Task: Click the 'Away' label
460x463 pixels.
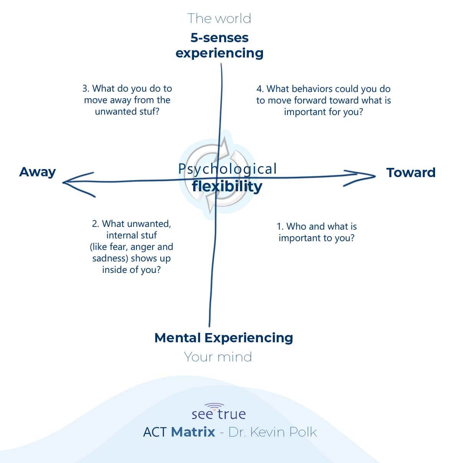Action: pyautogui.click(x=38, y=172)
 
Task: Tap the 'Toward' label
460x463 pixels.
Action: pyautogui.click(x=411, y=172)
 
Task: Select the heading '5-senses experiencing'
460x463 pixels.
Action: pyautogui.click(x=219, y=45)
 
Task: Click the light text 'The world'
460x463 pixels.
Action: pyautogui.click(x=219, y=18)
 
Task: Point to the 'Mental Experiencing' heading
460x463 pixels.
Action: pyautogui.click(x=223, y=338)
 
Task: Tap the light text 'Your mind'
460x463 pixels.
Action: pyautogui.click(x=218, y=357)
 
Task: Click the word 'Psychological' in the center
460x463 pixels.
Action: pyautogui.click(x=227, y=169)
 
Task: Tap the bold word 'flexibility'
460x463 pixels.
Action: pyautogui.click(x=227, y=186)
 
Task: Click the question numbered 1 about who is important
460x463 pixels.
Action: pyautogui.click(x=317, y=232)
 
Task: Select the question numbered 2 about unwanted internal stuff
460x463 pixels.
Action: pyautogui.click(x=131, y=246)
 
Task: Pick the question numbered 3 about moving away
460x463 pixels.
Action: pyautogui.click(x=127, y=100)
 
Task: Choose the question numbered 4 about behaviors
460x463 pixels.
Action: pyautogui.click(x=324, y=100)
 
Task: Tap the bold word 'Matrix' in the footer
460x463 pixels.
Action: pyautogui.click(x=193, y=432)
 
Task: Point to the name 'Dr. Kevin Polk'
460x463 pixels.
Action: pyautogui.click(x=273, y=432)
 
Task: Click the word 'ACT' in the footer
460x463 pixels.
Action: pyautogui.click(x=154, y=432)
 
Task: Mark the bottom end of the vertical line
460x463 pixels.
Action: pyautogui.click(x=209, y=325)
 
